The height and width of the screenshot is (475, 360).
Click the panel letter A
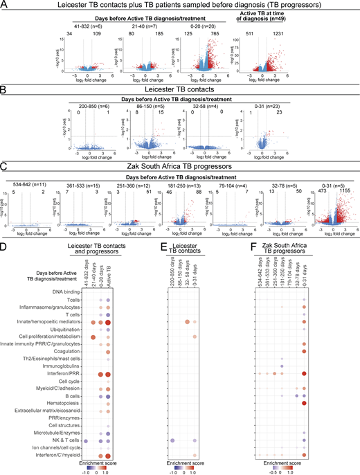point(4,5)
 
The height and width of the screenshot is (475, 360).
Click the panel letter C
point(4,164)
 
